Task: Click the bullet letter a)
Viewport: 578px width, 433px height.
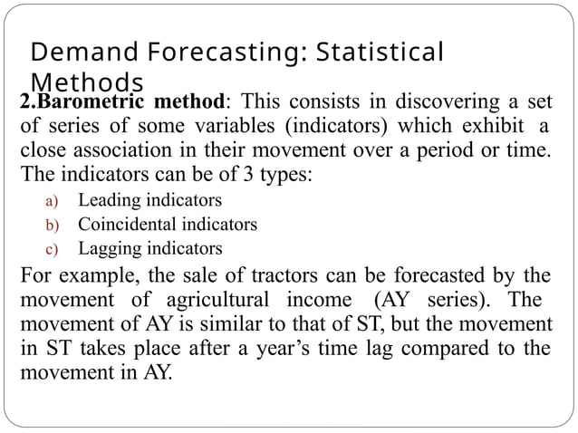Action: point(53,200)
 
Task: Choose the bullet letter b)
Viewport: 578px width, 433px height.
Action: point(53,224)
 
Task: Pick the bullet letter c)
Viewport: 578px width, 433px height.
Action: point(53,248)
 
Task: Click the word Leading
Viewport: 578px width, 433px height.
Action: point(106,199)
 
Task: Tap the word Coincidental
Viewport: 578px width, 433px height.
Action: point(125,224)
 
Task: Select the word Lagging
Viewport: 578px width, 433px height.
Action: point(107,248)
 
